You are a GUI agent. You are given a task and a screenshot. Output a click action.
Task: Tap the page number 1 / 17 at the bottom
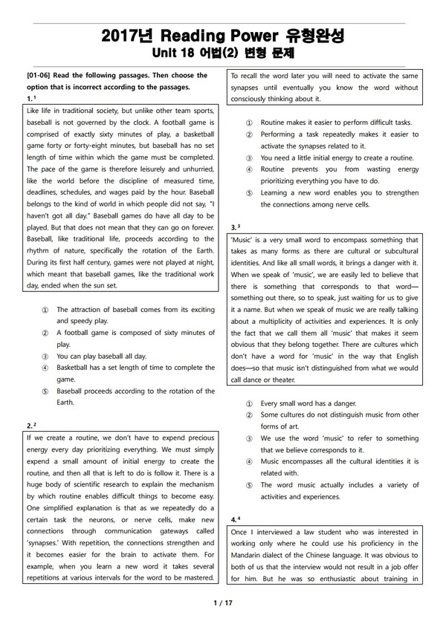coord(222,603)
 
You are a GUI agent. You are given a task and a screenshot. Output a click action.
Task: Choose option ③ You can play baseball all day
coord(101,356)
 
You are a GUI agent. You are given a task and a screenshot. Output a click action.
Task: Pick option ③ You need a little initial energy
coord(336,158)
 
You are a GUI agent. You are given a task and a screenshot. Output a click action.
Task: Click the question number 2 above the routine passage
coord(28,426)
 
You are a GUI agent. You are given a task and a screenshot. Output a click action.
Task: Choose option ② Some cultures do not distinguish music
coord(339,414)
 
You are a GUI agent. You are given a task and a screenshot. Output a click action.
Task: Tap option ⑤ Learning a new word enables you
coord(339,193)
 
